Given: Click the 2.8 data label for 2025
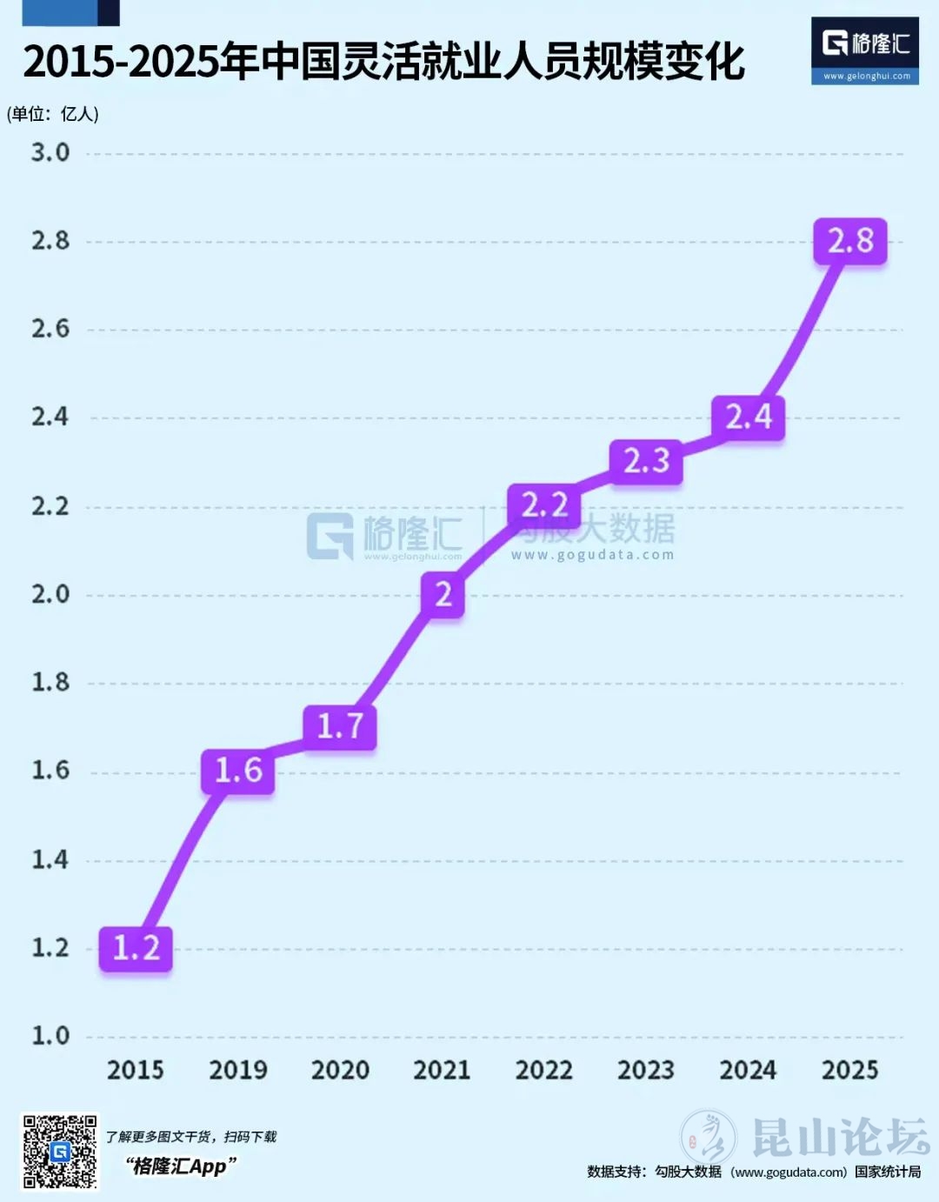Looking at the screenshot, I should [x=849, y=241].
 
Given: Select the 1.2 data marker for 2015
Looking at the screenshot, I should [x=136, y=948].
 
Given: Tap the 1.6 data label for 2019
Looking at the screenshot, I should [x=237, y=771].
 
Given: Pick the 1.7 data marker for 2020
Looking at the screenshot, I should [x=339, y=726].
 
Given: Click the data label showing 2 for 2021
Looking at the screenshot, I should [x=443, y=595].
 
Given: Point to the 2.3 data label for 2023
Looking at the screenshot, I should [x=646, y=461].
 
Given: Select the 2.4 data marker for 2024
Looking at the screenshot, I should [x=748, y=417].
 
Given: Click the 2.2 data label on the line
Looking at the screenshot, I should [x=544, y=505].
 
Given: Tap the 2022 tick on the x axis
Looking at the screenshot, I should [x=544, y=1070].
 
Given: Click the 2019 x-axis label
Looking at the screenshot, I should [x=237, y=1070].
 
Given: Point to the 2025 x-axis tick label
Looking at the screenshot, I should [x=849, y=1070].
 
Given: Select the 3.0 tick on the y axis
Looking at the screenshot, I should [x=50, y=153].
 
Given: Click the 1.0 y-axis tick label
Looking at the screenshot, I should [x=50, y=1036].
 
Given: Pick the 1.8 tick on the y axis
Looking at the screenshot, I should [x=50, y=683].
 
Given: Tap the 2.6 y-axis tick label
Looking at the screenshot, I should [x=50, y=330].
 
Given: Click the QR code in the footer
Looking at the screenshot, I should [x=59, y=1151].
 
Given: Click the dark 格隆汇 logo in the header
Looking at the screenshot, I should [x=864, y=50].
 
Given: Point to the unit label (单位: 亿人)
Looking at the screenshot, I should [x=53, y=114].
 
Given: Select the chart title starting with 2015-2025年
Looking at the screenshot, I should [x=383, y=62].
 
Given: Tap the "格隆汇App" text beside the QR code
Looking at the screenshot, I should [x=180, y=1166].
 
